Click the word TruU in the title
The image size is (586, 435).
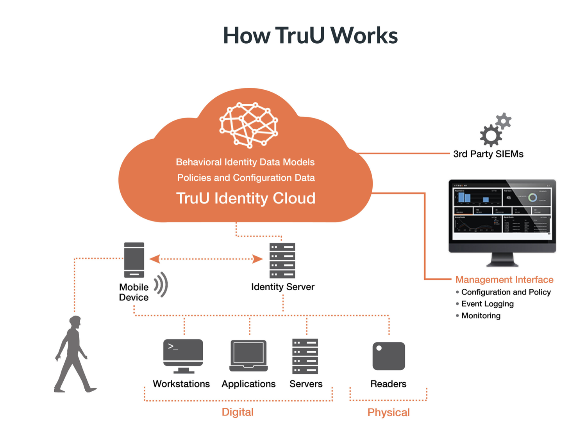pos(300,36)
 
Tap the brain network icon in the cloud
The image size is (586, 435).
pos(249,125)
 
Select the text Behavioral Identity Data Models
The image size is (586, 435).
pos(245,162)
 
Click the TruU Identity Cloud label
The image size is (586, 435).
pos(246,198)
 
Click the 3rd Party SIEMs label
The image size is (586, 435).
pos(488,154)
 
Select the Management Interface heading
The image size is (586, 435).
pos(504,280)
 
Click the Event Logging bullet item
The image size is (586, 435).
pos(487,304)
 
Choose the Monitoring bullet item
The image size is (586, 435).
pos(481,316)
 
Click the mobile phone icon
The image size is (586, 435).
pos(134,260)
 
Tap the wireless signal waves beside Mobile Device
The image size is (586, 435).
pos(161,285)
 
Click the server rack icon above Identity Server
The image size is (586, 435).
pos(282,260)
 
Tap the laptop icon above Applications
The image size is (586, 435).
pos(248,355)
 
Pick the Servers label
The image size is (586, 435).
pos(306,384)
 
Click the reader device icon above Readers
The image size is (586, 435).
pos(388,356)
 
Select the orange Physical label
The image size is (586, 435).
pos(388,412)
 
